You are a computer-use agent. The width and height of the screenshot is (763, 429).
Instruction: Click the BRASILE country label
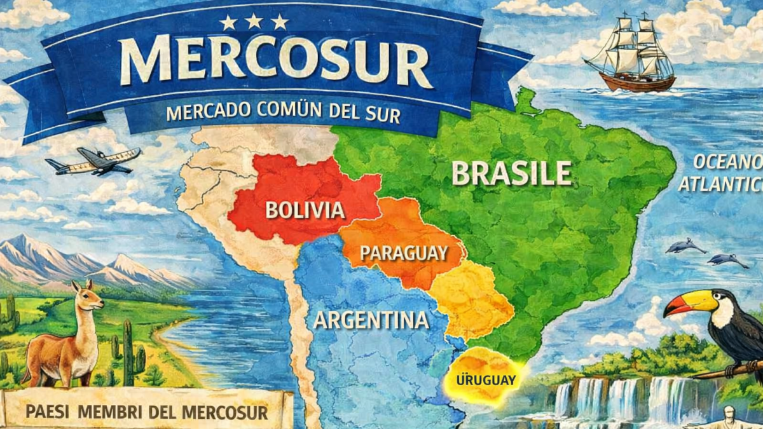[511, 173]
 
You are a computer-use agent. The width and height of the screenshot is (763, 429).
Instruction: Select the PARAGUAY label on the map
[404, 253]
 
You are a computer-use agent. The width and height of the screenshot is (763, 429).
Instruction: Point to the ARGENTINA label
[371, 320]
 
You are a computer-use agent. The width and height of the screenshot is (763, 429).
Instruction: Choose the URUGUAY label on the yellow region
[485, 381]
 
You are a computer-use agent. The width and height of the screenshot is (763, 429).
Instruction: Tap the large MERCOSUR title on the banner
[277, 62]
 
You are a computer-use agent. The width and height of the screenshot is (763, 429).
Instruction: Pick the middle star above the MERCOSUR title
[254, 22]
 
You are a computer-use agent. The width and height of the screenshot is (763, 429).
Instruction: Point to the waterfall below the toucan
[610, 397]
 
